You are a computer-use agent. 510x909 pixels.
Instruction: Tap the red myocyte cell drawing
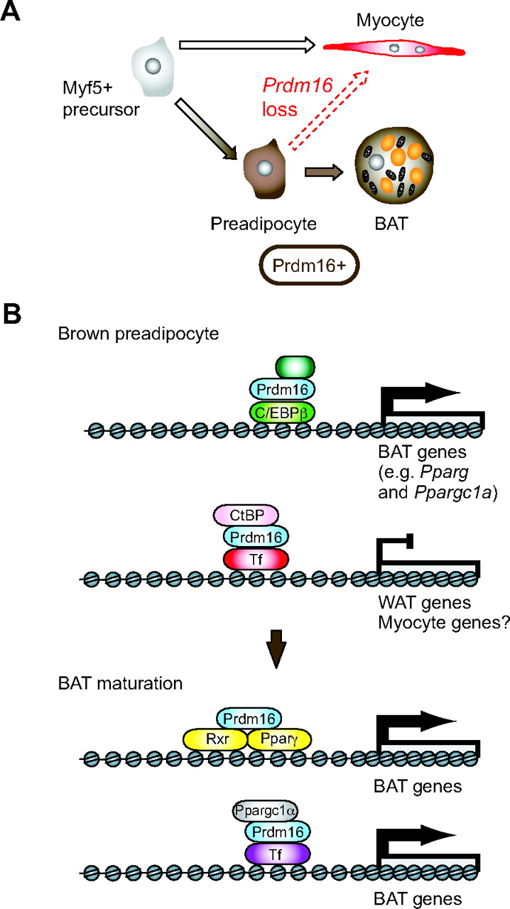pyautogui.click(x=395, y=48)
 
